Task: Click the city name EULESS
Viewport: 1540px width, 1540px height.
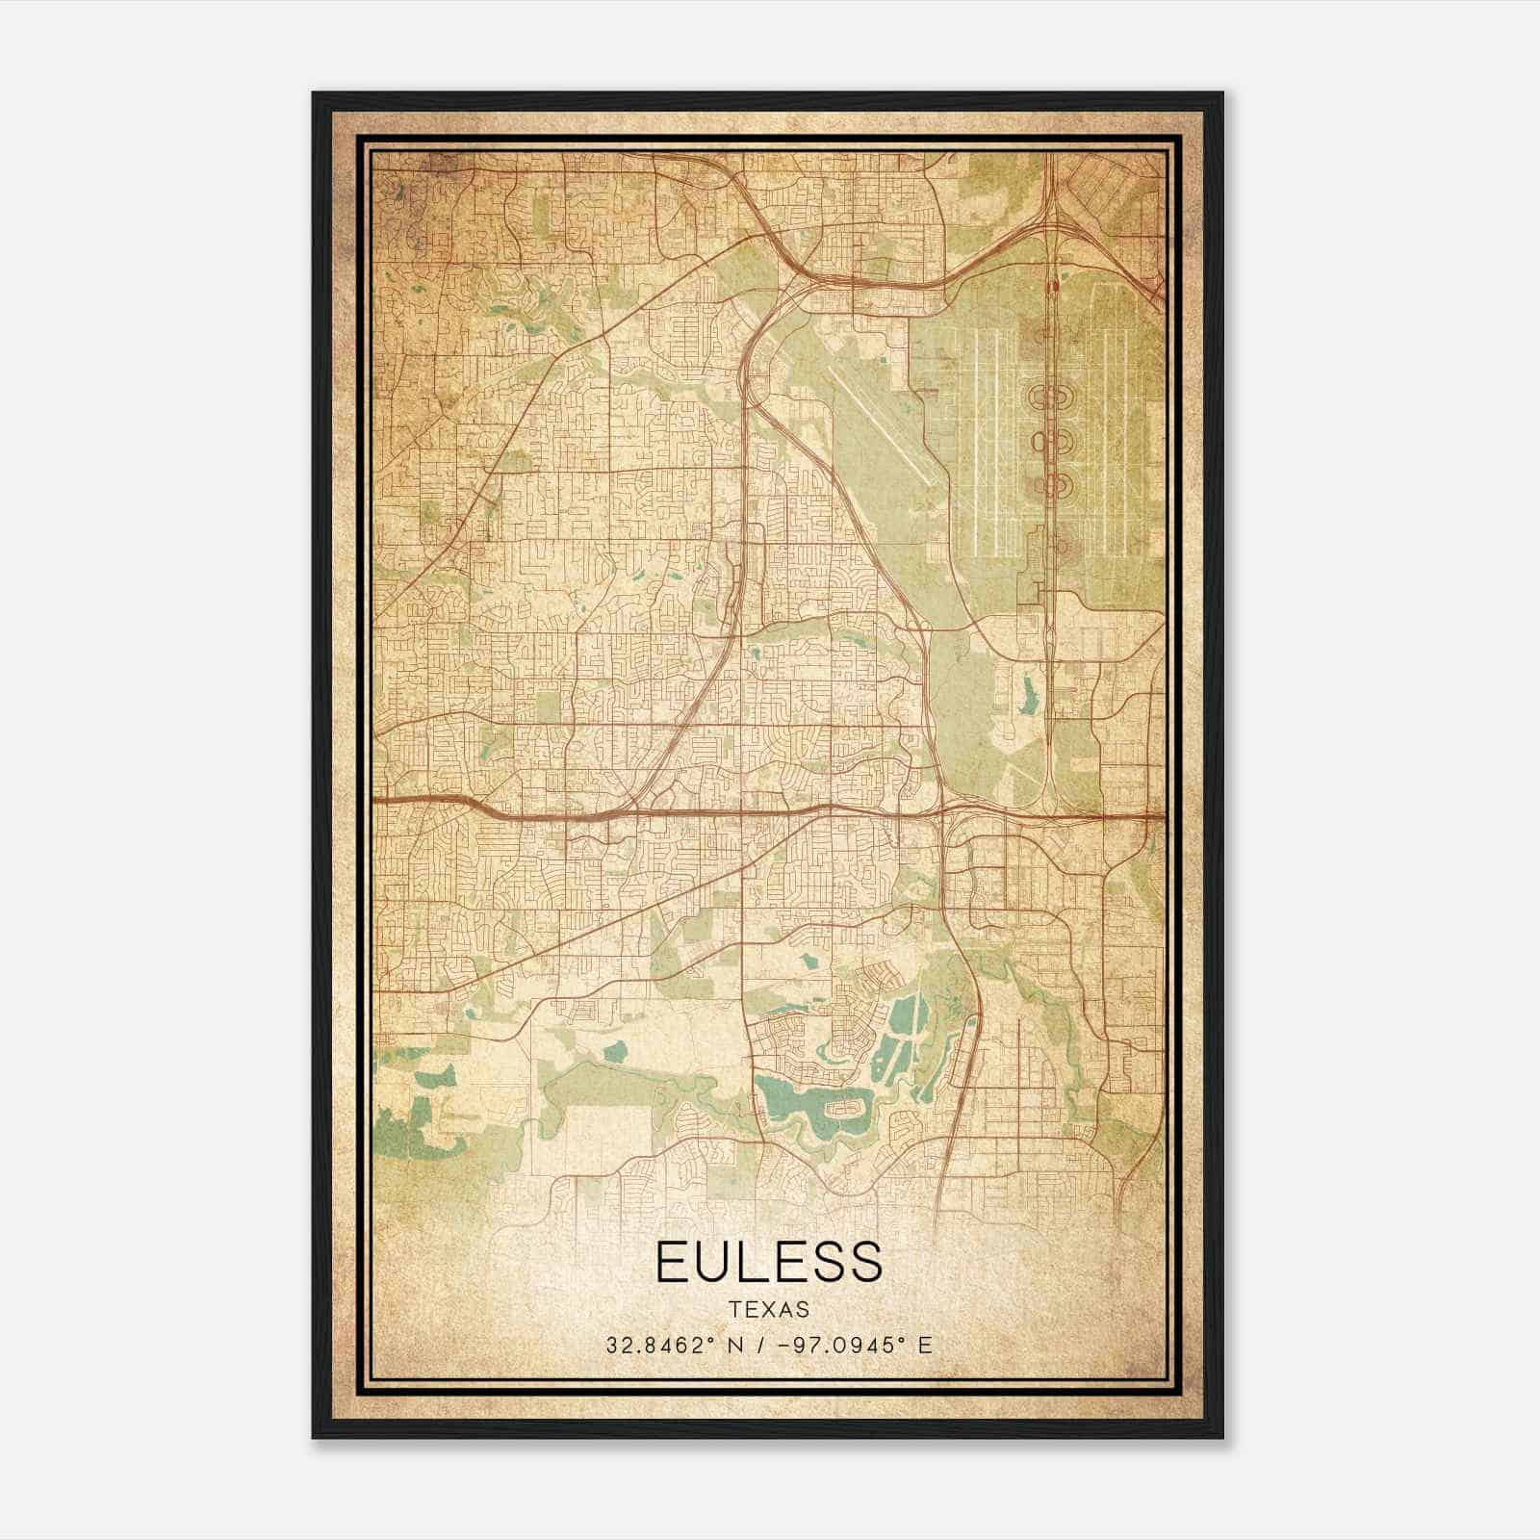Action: point(768,1261)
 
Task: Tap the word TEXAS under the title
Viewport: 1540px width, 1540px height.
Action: point(768,1310)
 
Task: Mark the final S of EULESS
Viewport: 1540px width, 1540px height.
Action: point(864,1261)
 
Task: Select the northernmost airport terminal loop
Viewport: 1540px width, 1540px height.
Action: point(1053,395)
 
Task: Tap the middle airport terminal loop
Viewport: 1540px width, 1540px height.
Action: point(1053,441)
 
